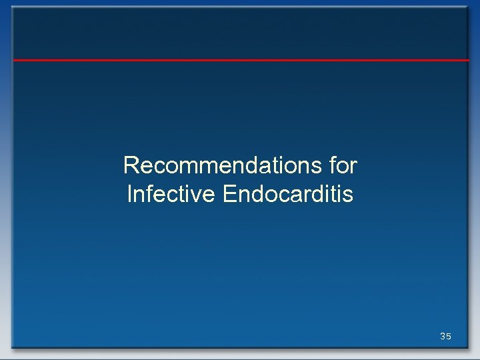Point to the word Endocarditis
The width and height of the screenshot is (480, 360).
point(289,195)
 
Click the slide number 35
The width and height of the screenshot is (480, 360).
point(445,337)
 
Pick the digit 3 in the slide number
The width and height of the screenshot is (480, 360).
point(443,337)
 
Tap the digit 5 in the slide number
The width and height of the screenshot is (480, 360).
point(449,337)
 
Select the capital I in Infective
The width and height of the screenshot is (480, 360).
point(129,195)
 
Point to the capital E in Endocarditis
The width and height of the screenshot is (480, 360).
point(231,195)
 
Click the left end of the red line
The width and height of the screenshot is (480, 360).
point(14,60)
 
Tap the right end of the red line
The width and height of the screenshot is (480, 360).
point(468,60)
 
